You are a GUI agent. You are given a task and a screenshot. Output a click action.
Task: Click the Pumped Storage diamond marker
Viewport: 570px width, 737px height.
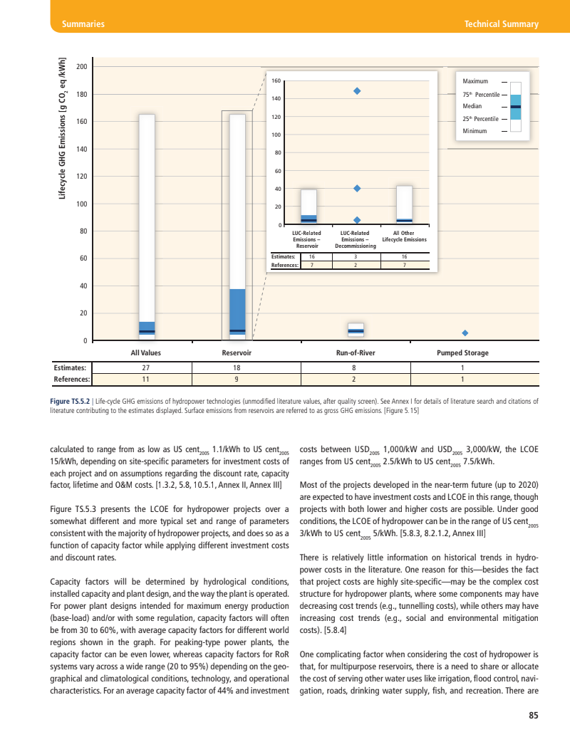click(x=465, y=333)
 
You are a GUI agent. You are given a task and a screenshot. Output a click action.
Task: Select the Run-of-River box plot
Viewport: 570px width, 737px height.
click(x=356, y=330)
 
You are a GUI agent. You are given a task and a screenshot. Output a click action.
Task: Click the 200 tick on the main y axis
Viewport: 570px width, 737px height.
click(x=82, y=67)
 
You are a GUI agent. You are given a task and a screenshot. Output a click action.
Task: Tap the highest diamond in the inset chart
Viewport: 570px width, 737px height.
click(x=357, y=90)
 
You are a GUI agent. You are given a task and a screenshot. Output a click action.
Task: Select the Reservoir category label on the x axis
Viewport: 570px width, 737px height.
click(x=237, y=353)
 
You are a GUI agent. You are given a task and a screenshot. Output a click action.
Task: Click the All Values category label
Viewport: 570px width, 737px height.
click(x=145, y=353)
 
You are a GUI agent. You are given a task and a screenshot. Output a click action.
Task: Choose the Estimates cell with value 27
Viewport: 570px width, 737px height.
click(x=145, y=368)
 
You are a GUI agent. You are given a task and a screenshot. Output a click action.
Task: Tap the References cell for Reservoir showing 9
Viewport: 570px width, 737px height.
click(x=237, y=380)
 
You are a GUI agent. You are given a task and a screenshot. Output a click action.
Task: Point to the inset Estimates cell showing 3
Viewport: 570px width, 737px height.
click(x=356, y=256)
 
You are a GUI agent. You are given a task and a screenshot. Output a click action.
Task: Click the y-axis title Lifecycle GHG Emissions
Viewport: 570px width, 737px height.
click(x=63, y=128)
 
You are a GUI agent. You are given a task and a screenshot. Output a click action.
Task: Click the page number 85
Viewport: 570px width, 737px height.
click(x=532, y=715)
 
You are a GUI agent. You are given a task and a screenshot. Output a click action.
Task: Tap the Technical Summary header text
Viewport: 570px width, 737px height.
click(x=501, y=24)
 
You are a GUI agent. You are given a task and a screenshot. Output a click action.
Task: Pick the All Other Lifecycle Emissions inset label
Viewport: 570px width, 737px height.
click(x=404, y=236)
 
